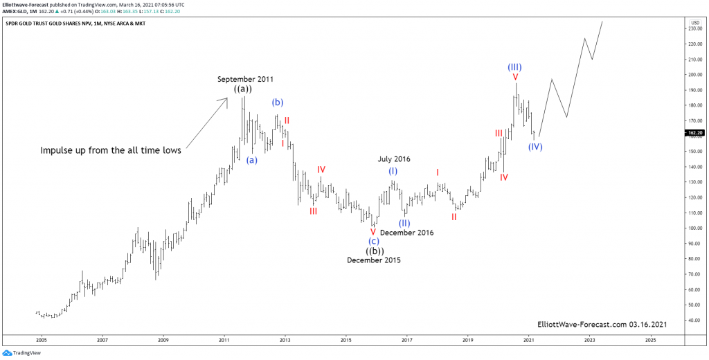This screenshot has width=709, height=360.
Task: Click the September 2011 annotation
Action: pos(241,79)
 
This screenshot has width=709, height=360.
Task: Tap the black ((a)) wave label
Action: pos(242,89)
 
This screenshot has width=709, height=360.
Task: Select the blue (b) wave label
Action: pos(277,102)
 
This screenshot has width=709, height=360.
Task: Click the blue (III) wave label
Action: pos(514,67)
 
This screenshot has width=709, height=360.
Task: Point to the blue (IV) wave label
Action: pos(535,147)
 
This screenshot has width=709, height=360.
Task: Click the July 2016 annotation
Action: pos(394,159)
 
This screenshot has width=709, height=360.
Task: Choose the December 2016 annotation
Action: pos(406,233)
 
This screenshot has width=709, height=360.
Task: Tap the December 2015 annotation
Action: pos(373,260)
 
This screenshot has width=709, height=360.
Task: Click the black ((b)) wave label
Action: pos(373,251)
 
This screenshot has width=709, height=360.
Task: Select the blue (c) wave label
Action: pos(373,241)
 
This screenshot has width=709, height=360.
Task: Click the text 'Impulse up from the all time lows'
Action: pos(111,150)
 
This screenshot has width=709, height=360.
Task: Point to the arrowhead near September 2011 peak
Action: pos(225,100)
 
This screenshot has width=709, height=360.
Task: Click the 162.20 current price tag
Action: pos(694,132)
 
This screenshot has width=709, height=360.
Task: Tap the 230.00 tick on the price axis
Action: pos(694,28)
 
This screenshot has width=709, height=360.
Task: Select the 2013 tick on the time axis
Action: pos(285,341)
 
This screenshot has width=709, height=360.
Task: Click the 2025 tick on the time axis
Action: pos(650,341)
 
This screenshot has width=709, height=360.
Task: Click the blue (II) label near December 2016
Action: pos(404,223)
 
